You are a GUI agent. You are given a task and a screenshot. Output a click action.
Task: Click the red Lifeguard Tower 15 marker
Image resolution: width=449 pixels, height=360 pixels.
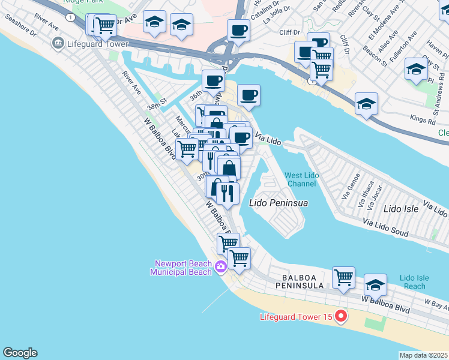(341, 316)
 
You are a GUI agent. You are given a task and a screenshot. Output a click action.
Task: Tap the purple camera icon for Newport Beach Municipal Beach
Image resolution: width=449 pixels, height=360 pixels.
(220, 266)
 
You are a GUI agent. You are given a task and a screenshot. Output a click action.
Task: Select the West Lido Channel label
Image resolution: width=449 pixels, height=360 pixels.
(301, 179)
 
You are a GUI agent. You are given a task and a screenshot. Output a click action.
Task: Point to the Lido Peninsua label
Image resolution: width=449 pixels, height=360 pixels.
(279, 203)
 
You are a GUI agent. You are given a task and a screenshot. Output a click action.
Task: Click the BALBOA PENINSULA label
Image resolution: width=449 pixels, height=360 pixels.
(304, 282)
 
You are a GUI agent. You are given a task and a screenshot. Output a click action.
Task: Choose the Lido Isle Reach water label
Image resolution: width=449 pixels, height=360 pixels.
(414, 282)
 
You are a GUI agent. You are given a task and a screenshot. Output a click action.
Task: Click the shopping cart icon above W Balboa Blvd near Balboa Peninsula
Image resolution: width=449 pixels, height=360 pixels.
(343, 277)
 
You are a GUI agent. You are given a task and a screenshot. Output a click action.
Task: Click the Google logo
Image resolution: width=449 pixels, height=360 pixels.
(20, 353)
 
